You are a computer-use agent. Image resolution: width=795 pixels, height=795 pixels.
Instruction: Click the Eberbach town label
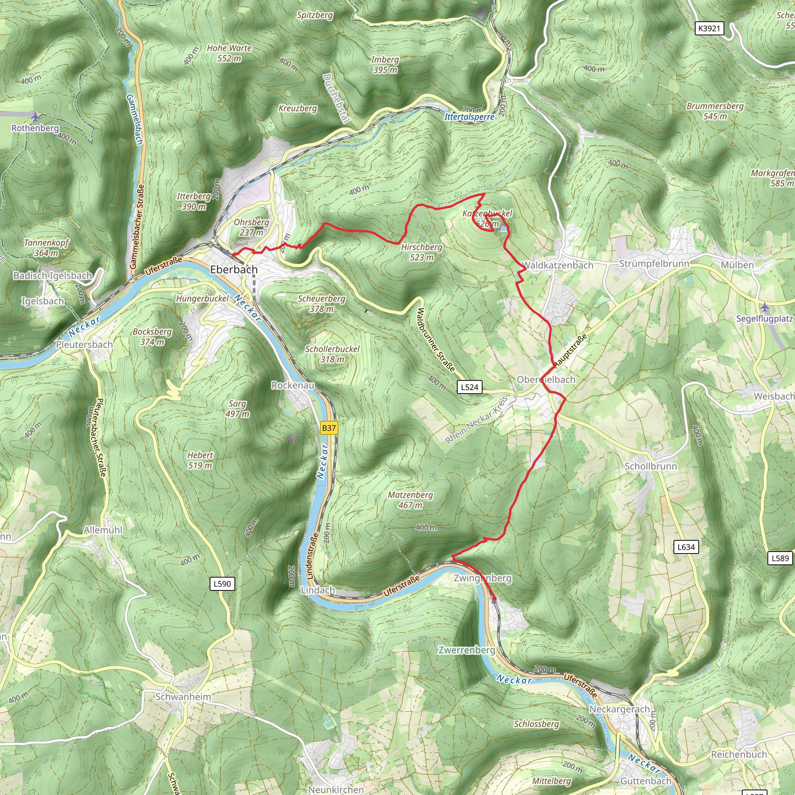coord(234,269)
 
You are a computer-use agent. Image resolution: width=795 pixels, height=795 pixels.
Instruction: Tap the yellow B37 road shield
coord(329,428)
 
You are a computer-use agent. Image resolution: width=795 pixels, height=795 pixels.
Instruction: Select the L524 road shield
coord(470,387)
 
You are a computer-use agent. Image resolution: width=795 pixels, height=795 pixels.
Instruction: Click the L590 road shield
coord(222,583)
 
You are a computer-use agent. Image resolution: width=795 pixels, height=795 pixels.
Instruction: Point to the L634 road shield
coord(686,547)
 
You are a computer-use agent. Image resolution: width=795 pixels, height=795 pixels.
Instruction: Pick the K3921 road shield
coord(710,28)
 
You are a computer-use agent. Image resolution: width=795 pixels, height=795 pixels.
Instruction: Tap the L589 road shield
coord(780,558)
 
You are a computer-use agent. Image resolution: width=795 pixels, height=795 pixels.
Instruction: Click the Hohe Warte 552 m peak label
coord(229,53)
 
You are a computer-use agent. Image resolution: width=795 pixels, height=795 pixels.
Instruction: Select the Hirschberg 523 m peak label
coord(422,252)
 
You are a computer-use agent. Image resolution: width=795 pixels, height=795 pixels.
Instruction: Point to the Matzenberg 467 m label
coord(410,500)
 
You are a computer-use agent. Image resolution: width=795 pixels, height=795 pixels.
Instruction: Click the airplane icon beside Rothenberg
coord(36,117)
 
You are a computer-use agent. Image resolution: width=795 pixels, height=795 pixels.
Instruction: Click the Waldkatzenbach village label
coord(557,266)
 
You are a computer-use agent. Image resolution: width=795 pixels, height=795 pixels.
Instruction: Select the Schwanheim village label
coord(183,697)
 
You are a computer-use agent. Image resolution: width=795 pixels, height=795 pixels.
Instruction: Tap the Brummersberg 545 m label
coord(715,111)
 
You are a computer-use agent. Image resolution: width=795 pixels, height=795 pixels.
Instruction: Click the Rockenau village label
coord(293,385)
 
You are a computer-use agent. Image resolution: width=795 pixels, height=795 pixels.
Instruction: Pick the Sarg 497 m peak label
coord(238,409)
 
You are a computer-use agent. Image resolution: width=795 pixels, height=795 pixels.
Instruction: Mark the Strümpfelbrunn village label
coord(654,263)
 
